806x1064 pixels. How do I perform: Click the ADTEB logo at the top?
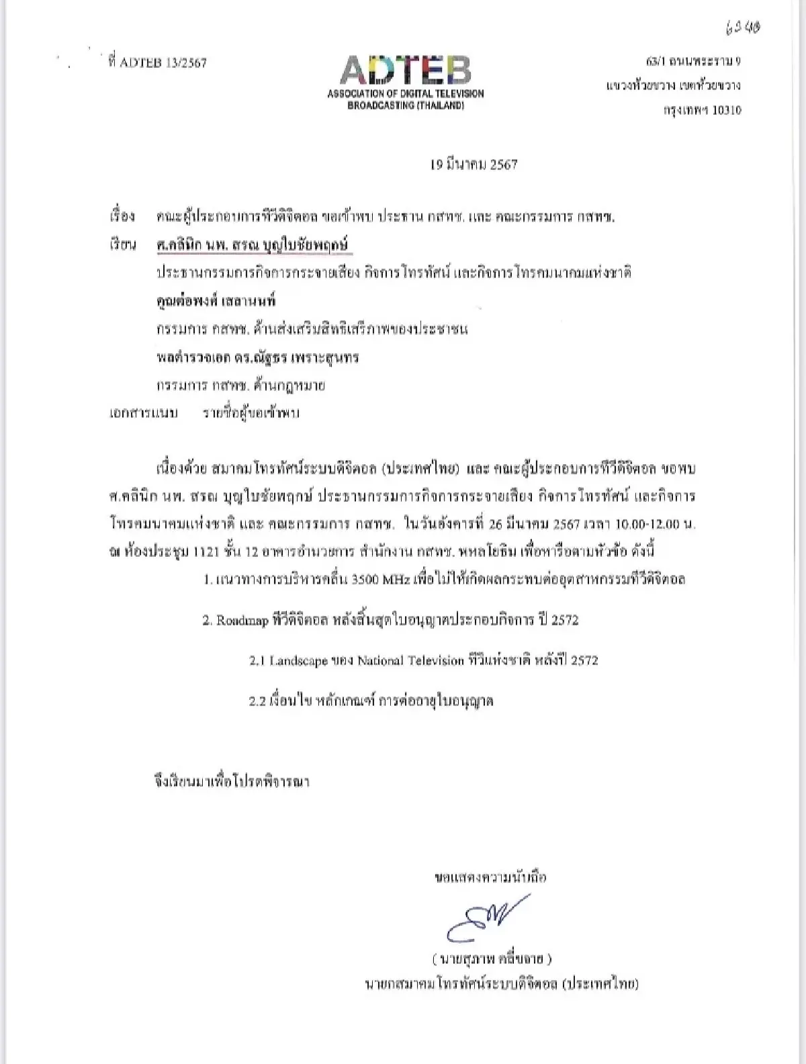click(x=405, y=71)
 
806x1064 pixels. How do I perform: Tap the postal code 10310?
click(x=726, y=111)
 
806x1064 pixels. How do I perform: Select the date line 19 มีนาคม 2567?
click(x=474, y=165)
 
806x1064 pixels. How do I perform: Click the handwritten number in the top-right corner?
click(x=743, y=28)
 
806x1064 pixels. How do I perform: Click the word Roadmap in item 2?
click(x=242, y=621)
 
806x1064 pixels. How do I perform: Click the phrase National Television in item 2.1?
click(x=410, y=661)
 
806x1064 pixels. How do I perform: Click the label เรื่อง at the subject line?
click(x=122, y=217)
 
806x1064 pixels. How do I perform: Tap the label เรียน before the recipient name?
click(x=123, y=245)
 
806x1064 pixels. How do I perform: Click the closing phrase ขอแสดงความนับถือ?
click(x=490, y=877)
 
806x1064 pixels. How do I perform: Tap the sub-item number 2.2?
click(x=258, y=701)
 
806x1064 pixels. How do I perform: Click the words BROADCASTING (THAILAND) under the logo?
click(x=405, y=106)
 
